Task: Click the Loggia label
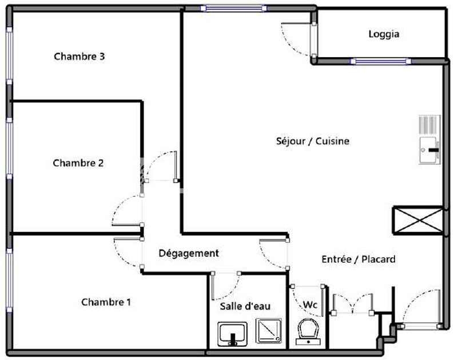(x=384, y=34)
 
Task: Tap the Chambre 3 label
(x=79, y=57)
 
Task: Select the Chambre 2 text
(x=78, y=163)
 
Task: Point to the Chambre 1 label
(x=106, y=302)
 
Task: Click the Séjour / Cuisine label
(x=313, y=141)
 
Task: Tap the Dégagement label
(x=189, y=253)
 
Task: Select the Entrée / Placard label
(x=359, y=259)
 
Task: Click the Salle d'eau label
(x=245, y=306)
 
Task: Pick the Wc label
(x=310, y=304)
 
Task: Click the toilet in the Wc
(x=308, y=331)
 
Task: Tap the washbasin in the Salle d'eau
(x=233, y=334)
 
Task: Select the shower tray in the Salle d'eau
(x=269, y=331)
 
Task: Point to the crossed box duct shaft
(x=418, y=220)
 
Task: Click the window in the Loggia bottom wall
(x=381, y=61)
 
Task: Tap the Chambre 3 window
(x=9, y=56)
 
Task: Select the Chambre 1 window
(x=9, y=280)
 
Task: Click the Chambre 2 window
(x=9, y=148)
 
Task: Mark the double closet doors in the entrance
(x=353, y=304)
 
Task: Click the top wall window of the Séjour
(x=234, y=8)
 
